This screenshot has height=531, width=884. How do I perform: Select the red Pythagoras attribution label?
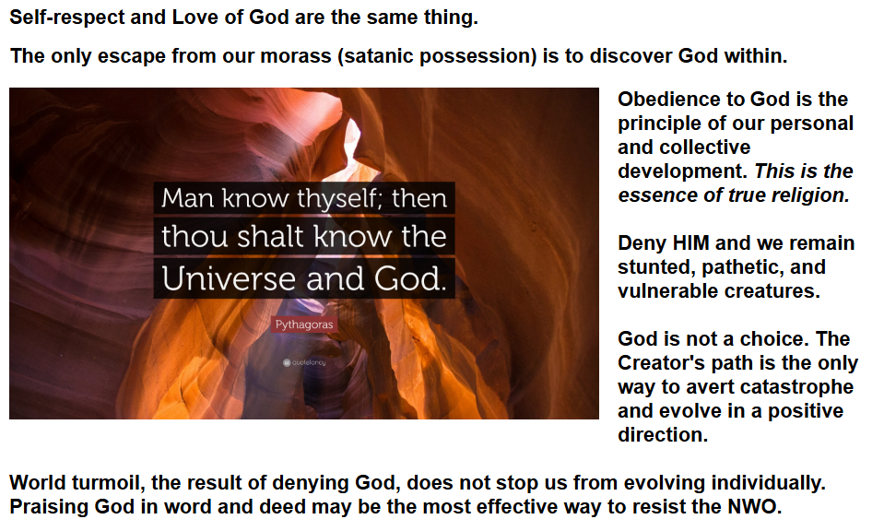304,324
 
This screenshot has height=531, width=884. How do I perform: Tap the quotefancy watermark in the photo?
304,362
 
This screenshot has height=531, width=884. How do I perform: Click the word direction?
663,435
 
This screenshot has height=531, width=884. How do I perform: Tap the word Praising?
49,507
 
